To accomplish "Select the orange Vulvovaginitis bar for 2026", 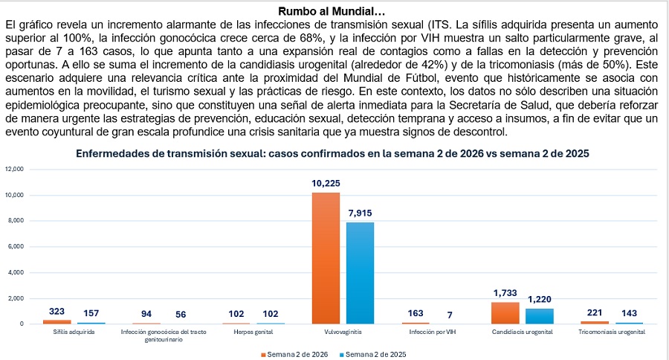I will (x=326, y=257).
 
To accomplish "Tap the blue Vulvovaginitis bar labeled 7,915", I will (x=361, y=272).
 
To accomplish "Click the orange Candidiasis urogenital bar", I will (x=505, y=312).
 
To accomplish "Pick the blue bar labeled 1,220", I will (x=540, y=315).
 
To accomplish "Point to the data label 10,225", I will (x=326, y=184).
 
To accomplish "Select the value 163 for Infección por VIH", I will (x=416, y=313).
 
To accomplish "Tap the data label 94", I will (x=146, y=313).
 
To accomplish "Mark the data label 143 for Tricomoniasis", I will (x=630, y=313).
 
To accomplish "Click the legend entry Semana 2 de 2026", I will (x=296, y=353).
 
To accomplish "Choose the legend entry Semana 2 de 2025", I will (x=373, y=353).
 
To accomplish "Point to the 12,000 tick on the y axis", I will (x=15, y=170).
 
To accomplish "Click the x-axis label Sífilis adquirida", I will (x=74, y=332).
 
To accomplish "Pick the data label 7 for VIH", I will (x=450, y=313).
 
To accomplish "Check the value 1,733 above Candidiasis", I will (x=505, y=294).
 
